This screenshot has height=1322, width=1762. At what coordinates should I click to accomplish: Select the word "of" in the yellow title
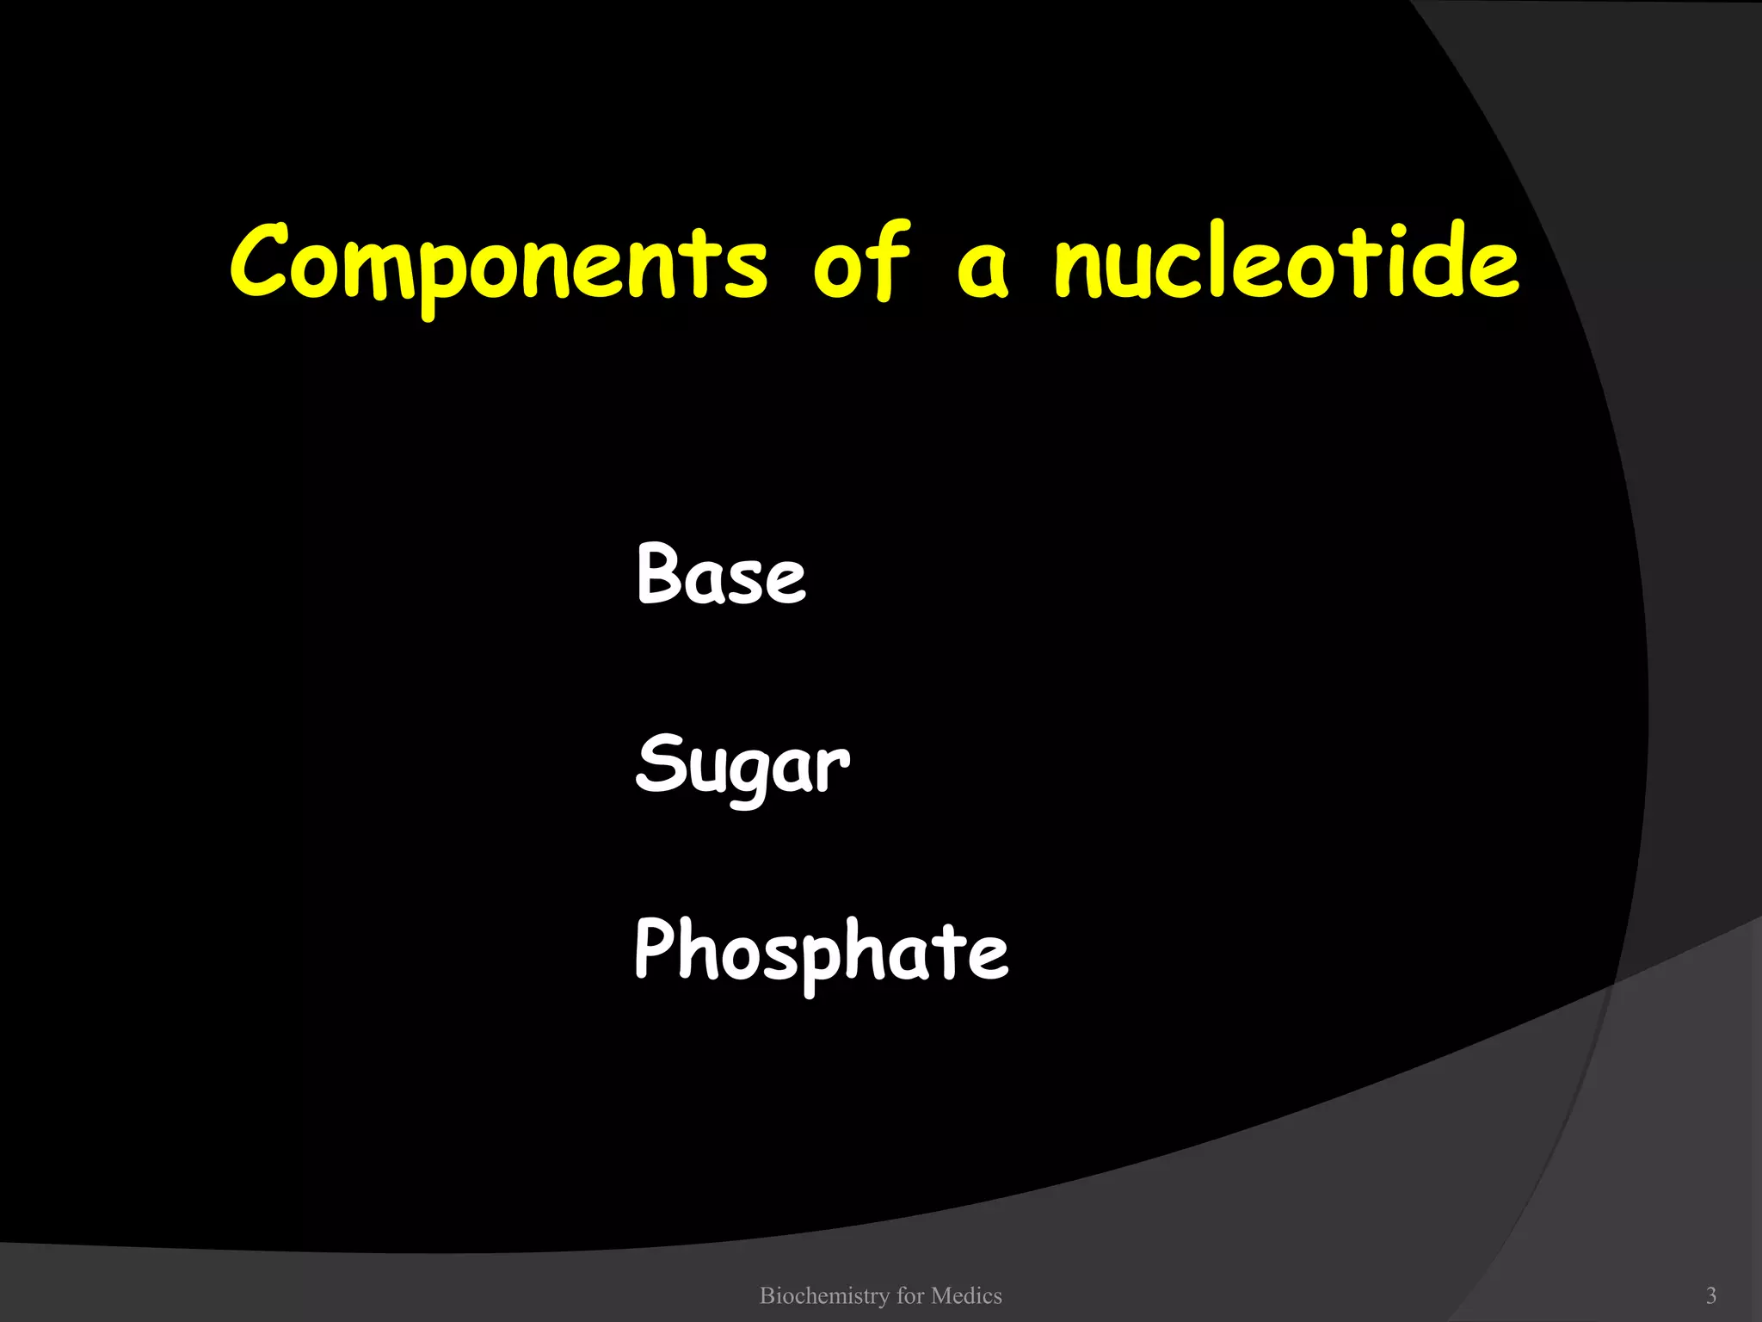click(860, 262)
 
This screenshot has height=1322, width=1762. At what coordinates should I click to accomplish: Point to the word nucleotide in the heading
click(1286, 262)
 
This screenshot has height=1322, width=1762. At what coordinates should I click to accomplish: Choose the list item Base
click(721, 574)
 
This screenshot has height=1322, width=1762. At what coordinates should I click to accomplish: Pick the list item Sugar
click(742, 765)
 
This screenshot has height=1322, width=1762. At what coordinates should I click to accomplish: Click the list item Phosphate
click(821, 951)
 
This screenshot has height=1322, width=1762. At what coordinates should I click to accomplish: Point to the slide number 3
click(1711, 1295)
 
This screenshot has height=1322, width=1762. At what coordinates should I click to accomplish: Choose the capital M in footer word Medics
click(940, 1295)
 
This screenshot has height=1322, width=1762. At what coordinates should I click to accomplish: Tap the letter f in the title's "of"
click(885, 258)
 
